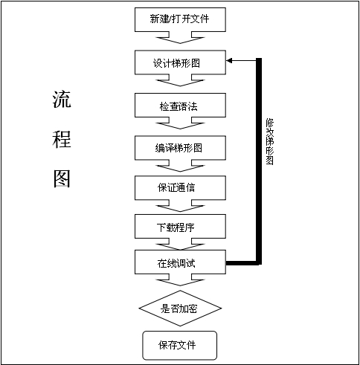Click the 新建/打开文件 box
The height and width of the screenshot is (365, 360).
180,19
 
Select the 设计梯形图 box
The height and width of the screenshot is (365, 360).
180,62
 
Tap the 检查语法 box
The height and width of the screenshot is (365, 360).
180,105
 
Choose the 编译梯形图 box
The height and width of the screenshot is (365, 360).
180,148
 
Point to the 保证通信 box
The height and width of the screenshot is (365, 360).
180,188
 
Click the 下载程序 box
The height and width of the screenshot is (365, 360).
180,227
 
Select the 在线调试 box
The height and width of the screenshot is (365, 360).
180,262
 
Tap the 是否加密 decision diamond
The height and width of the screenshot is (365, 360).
180,309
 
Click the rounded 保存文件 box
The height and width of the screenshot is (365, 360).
180,346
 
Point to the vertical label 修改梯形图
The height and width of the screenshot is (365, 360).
270,141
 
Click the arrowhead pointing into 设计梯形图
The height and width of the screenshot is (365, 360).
229,60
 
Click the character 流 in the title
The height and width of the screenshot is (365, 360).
62,99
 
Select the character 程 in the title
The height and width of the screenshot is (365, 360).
62,139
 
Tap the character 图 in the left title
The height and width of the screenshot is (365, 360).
62,178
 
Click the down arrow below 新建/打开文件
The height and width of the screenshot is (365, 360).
180,38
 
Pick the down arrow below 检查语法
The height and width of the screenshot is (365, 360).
180,123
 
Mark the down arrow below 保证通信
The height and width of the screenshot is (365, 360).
180,206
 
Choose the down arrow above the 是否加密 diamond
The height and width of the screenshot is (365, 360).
180,280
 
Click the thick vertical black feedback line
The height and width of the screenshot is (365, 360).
259,161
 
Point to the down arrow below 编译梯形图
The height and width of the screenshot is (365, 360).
180,166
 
